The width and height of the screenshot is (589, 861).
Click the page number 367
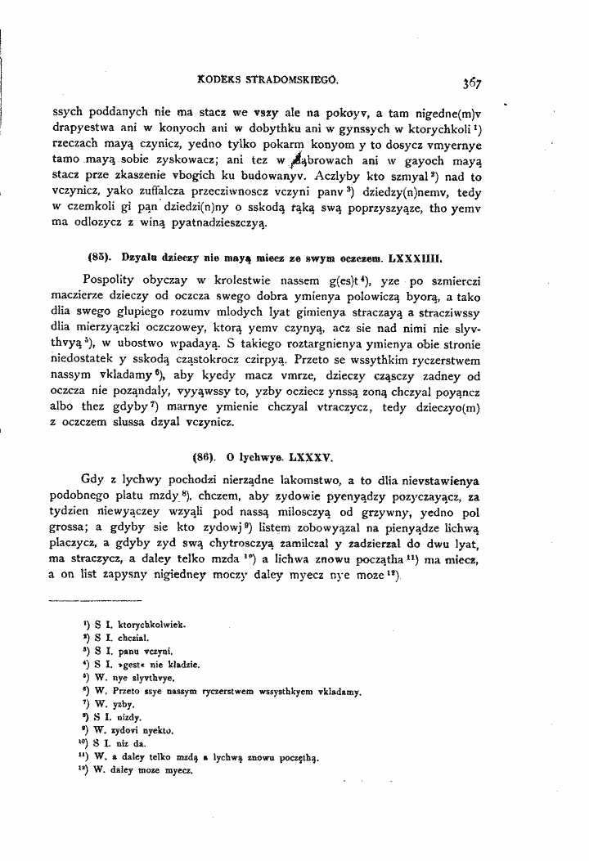click(470, 82)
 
